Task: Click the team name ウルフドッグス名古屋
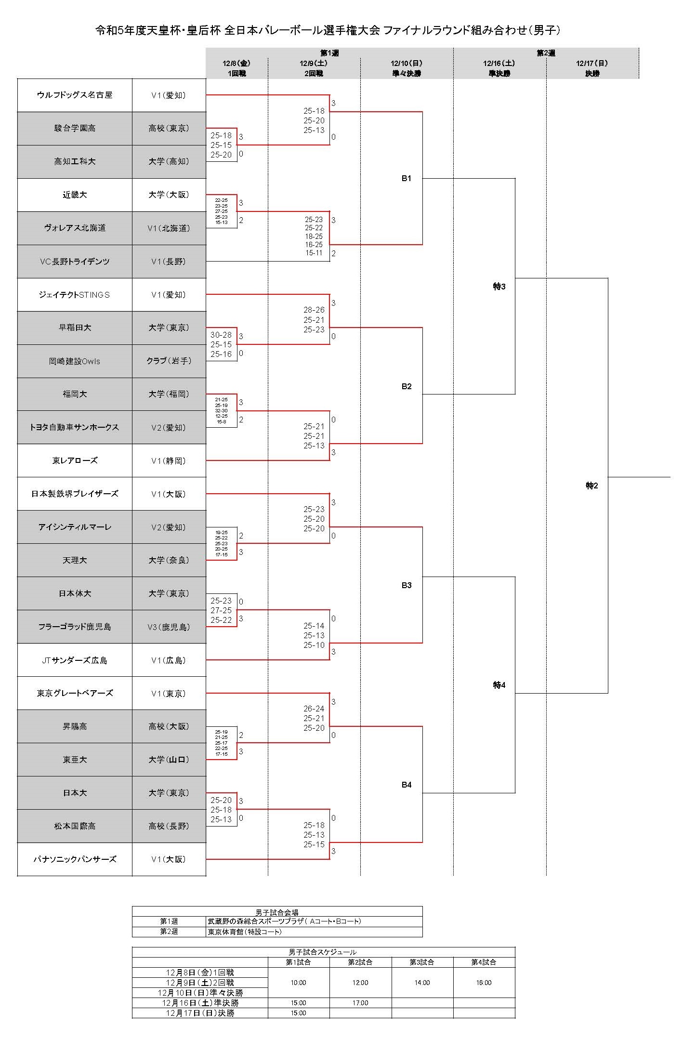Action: (75, 95)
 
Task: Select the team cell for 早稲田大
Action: (75, 328)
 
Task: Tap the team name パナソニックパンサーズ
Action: (75, 859)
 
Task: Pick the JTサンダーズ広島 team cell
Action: (75, 660)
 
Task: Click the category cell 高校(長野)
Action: (169, 826)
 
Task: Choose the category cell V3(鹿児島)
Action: (169, 627)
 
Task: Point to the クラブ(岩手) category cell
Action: (169, 361)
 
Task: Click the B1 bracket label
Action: (407, 178)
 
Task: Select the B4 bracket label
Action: (407, 785)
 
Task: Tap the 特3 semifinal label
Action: (499, 287)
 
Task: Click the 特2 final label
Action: (591, 486)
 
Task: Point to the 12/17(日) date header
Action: (592, 63)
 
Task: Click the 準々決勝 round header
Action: (407, 74)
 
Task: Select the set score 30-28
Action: (221, 335)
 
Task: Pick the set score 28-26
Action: (314, 310)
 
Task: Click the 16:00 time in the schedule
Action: (484, 983)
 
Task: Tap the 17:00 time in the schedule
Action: (360, 1003)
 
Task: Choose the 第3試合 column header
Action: (422, 962)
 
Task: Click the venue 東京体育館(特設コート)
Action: (245, 932)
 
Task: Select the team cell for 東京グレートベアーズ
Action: (75, 694)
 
